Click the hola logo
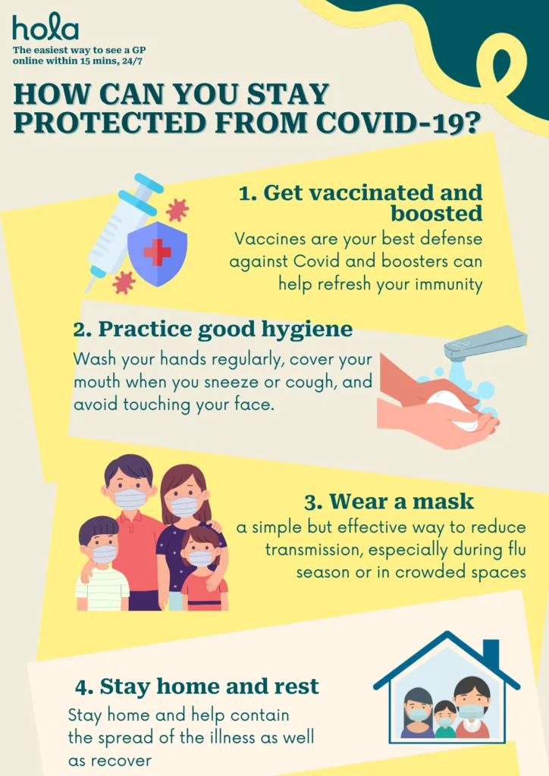45,27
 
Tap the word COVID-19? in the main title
399,122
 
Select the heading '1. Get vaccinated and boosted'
360,203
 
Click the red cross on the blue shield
158,252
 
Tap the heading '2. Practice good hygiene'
213,330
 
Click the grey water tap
485,341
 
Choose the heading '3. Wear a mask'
389,502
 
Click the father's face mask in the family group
130,499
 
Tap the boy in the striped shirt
101,563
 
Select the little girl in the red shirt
203,568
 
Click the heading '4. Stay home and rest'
197,687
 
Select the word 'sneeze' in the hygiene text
231,382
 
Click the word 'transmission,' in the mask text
315,550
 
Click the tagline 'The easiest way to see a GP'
79,51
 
